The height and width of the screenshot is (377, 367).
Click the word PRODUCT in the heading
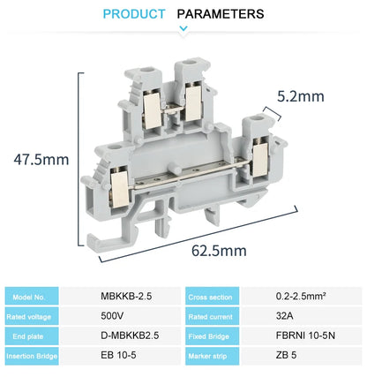134,14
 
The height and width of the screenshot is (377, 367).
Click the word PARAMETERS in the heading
221,14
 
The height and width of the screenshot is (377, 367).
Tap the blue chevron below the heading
183,29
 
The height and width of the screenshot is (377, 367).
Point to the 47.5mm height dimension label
41,160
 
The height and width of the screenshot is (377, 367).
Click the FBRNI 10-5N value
302,336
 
